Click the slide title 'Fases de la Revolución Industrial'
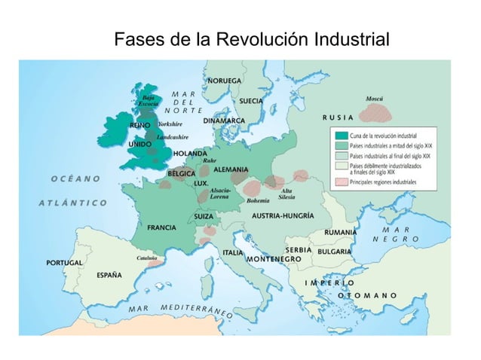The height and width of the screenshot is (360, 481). click(251, 38)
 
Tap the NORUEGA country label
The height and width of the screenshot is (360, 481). click(225, 81)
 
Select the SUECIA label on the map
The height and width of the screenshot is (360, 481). click(250, 100)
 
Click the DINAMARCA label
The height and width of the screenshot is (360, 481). click(224, 121)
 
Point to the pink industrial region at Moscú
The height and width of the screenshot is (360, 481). click(379, 112)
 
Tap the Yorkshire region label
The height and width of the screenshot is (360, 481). click(170, 124)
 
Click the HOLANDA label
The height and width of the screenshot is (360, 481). click(190, 154)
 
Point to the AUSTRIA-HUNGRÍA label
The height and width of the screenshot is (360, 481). click(282, 215)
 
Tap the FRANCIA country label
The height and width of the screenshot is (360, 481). click(162, 227)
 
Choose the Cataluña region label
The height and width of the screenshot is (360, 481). click(146, 257)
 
